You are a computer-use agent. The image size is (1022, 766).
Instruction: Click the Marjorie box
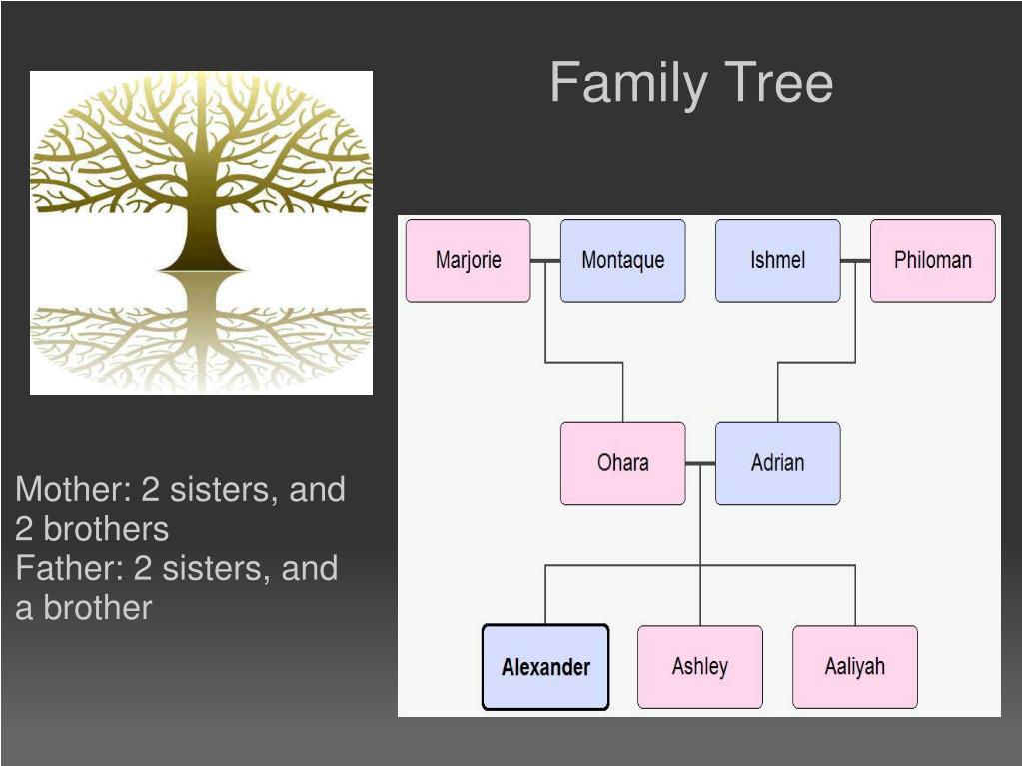click(468, 261)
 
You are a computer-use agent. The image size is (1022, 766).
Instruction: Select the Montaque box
click(622, 261)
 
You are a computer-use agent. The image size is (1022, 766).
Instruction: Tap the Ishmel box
click(777, 261)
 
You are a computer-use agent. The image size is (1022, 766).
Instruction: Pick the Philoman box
click(932, 261)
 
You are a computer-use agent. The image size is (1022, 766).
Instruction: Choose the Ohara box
click(622, 463)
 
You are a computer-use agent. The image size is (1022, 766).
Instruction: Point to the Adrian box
click(777, 463)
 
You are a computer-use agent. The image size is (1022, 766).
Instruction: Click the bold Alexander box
click(545, 667)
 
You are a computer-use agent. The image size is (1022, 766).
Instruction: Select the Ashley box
click(699, 667)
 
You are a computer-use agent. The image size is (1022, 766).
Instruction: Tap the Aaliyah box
click(854, 667)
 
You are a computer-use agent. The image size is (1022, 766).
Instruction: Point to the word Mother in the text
click(70, 490)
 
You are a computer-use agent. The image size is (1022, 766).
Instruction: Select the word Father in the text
click(66, 568)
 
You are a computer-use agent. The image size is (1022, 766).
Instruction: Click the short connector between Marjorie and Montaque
click(545, 261)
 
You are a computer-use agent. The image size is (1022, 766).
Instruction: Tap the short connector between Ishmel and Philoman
click(855, 261)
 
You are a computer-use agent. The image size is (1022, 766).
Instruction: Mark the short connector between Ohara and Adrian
click(700, 463)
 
